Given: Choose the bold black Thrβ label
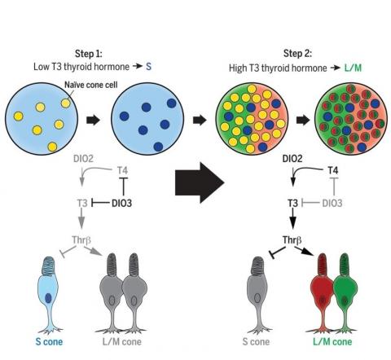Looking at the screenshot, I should [x=294, y=241].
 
